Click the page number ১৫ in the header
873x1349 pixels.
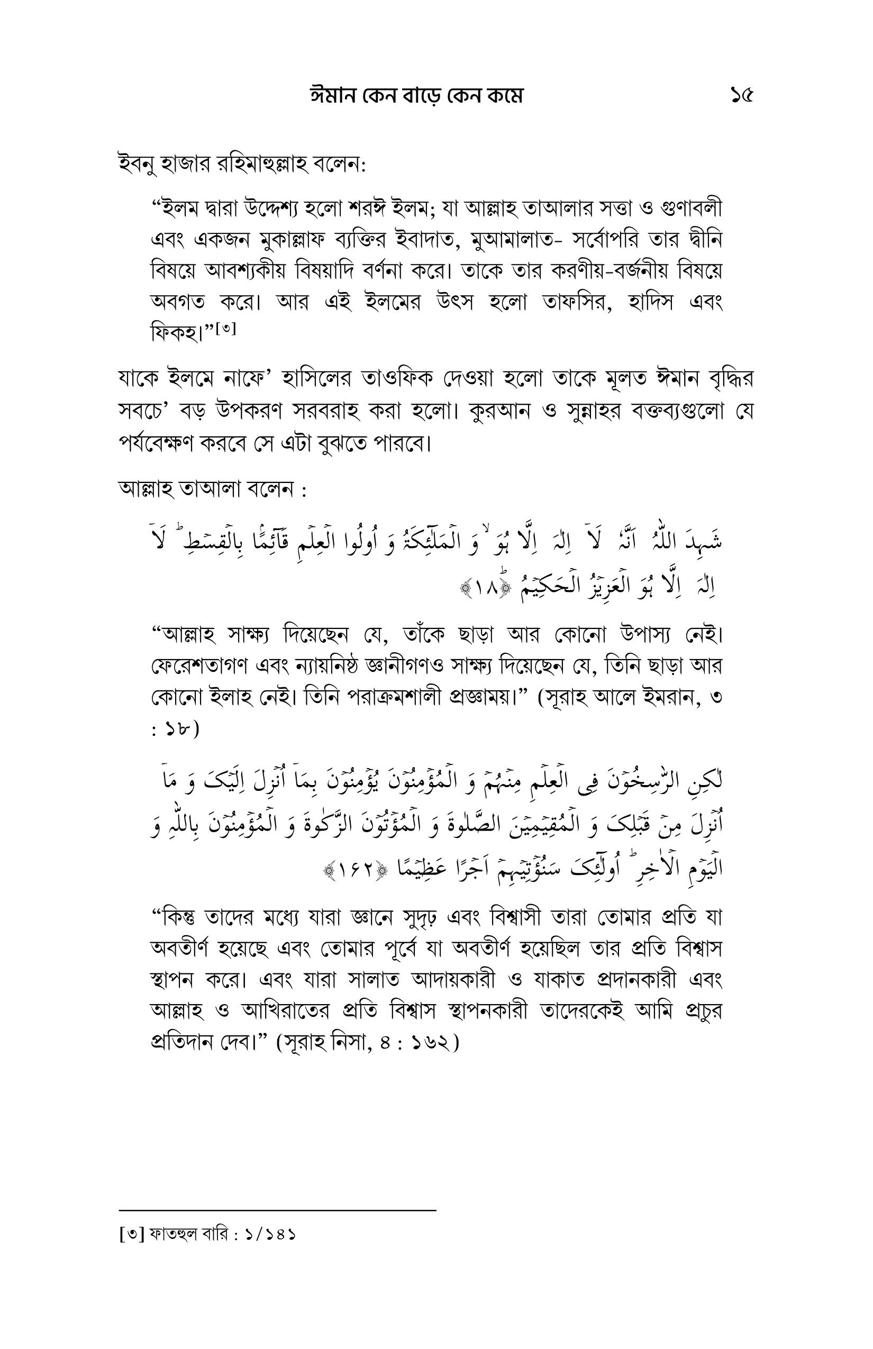click(741, 96)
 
